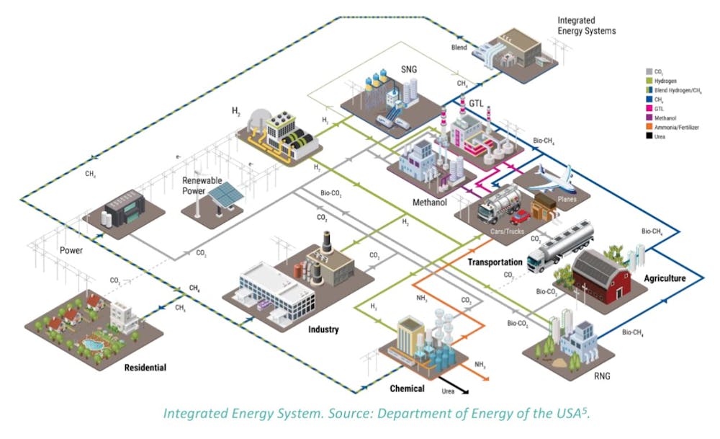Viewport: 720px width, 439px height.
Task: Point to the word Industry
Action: pyautogui.click(x=324, y=330)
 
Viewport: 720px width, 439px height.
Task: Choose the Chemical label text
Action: pyautogui.click(x=408, y=389)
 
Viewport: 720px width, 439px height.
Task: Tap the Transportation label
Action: pyautogui.click(x=495, y=262)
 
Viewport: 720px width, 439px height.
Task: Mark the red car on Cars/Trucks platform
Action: pyautogui.click(x=519, y=216)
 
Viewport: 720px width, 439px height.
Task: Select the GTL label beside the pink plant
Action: pyautogui.click(x=476, y=103)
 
